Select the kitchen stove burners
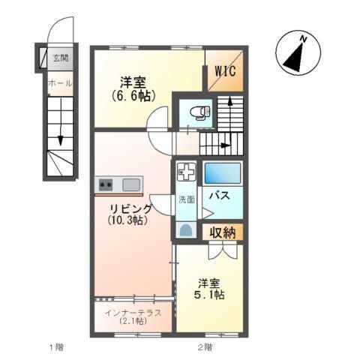105,184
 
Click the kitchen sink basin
130,184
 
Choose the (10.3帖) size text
126,220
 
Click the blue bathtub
223,174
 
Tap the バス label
219,196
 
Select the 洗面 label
187,199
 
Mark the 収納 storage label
222,232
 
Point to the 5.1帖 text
211,296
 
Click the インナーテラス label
133,313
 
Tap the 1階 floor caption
55,347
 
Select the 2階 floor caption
204,347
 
